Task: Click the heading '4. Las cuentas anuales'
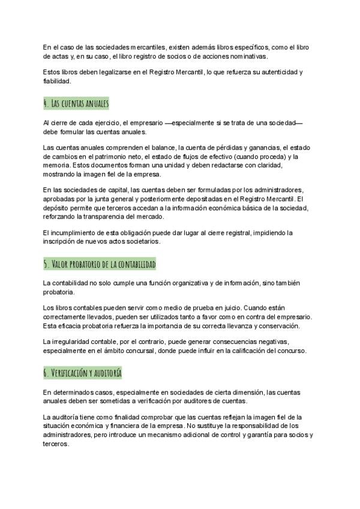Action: pos(76,104)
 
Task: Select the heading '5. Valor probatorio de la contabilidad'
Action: pos(100,264)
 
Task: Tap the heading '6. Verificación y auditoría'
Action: pos(83,373)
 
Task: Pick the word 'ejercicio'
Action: pos(106,123)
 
